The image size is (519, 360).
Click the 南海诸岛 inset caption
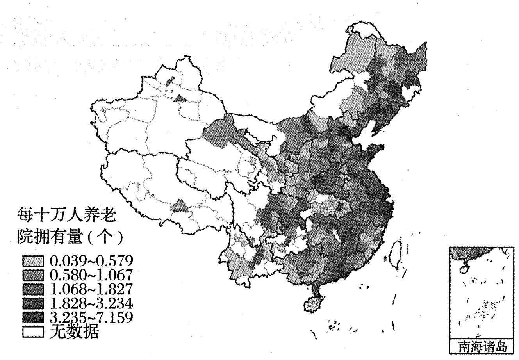point(482,346)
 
